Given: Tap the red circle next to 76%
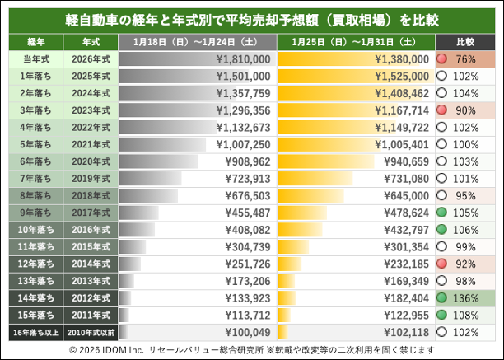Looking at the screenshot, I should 442,59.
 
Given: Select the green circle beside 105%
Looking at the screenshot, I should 442,213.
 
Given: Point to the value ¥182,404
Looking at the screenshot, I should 401,297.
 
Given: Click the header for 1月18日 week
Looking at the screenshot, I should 198,41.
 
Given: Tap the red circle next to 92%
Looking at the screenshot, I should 442,264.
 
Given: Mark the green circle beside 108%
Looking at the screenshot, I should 442,315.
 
